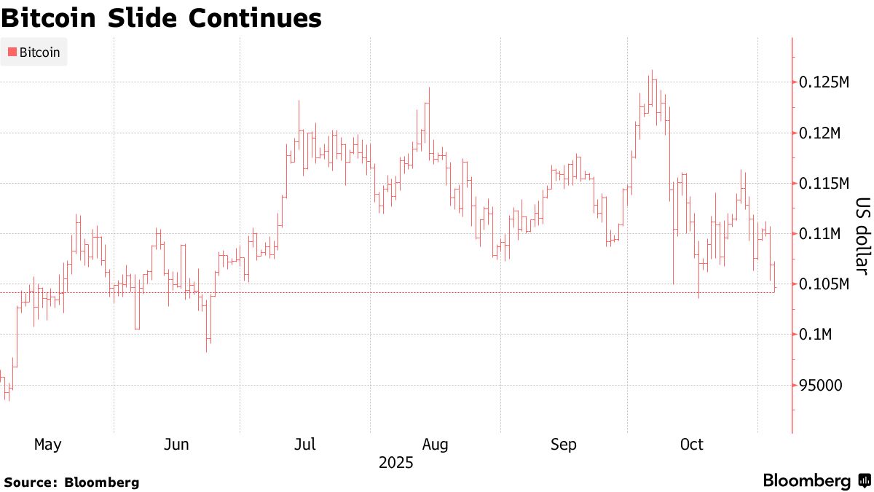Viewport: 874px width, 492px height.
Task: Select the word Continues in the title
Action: (255, 19)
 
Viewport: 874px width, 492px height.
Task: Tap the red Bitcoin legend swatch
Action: (12, 52)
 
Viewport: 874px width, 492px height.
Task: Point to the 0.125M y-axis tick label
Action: (824, 83)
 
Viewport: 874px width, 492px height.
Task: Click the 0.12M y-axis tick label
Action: (821, 133)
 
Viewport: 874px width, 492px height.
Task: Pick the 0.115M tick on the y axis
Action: (824, 184)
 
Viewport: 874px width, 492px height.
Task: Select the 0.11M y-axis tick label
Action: (821, 234)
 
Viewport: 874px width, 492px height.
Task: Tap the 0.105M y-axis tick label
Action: (824, 284)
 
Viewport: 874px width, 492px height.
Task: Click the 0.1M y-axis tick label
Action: (817, 335)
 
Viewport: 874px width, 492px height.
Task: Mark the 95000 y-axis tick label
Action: (819, 385)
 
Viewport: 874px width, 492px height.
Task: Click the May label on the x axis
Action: (48, 445)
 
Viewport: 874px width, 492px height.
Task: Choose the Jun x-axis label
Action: (178, 445)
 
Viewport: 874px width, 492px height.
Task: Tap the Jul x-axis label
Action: (304, 445)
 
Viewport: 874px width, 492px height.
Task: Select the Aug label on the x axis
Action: (435, 445)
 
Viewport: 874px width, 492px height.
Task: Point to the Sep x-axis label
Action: (564, 445)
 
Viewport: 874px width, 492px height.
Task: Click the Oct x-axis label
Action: (691, 445)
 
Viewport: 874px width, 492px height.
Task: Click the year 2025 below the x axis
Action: (395, 463)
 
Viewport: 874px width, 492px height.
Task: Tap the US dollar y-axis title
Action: (862, 237)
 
